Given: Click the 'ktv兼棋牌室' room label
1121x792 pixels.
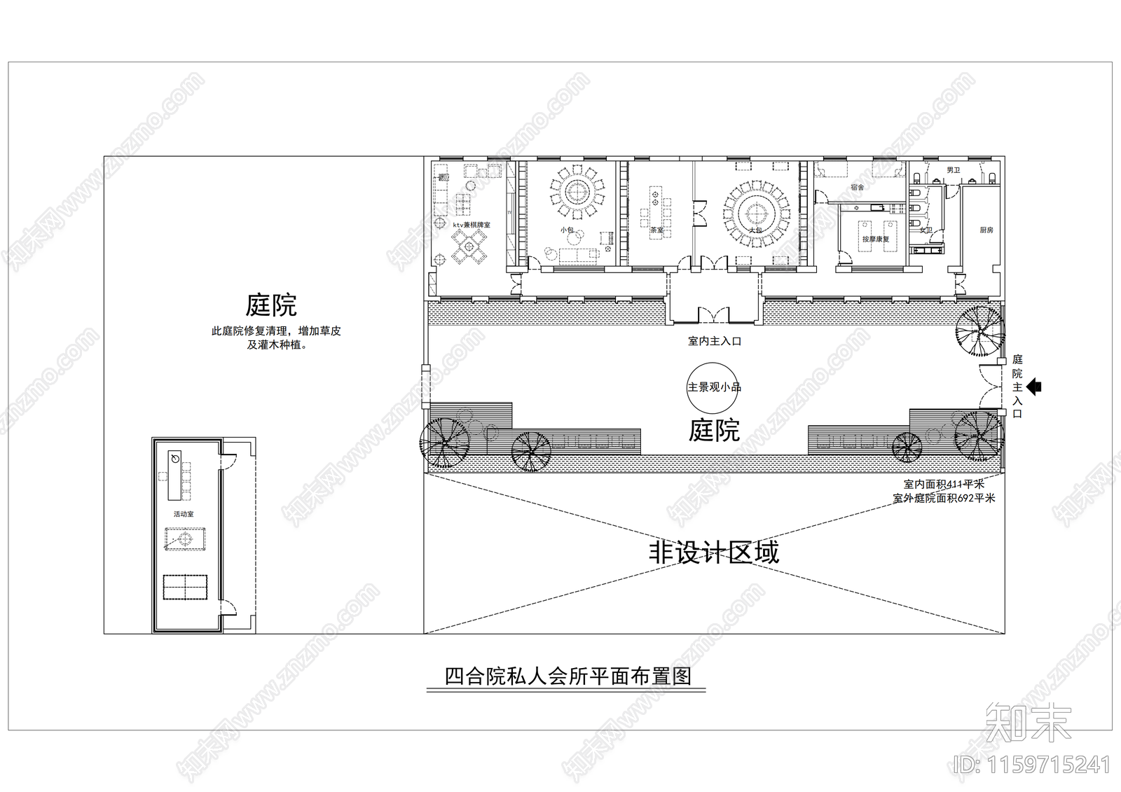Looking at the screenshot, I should [x=471, y=225].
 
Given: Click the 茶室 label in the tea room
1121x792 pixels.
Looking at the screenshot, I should [x=656, y=229].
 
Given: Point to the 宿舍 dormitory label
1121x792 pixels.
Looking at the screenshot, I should [x=857, y=188].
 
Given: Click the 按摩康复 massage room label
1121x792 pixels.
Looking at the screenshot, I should [x=875, y=239].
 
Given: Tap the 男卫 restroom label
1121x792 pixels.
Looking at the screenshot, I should [x=953, y=170].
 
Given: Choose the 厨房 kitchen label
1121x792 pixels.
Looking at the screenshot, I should [x=986, y=230].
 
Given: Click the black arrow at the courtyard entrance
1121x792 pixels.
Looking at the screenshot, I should [x=1034, y=387].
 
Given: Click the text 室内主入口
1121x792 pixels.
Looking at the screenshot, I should [x=714, y=341].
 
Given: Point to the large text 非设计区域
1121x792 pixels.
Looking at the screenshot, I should [x=713, y=553].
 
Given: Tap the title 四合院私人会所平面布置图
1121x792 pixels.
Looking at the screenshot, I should [x=568, y=676].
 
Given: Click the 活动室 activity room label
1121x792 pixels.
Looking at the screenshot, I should [x=184, y=514].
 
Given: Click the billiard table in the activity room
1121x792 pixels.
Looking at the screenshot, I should [x=185, y=539].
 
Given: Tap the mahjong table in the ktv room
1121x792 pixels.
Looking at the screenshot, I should [x=468, y=246].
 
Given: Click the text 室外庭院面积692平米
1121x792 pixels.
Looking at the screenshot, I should [x=944, y=499].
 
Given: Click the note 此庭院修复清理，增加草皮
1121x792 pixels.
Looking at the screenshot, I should [x=276, y=331].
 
